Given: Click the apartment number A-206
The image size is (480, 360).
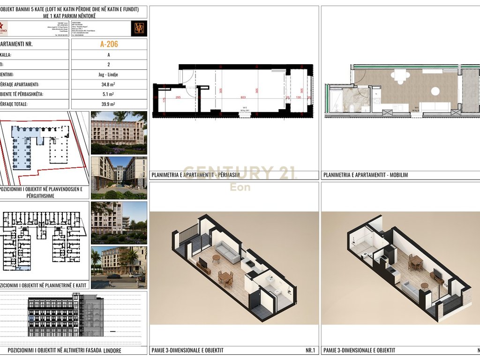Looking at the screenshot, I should coord(109,45).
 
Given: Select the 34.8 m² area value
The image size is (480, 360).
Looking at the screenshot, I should coord(109,84).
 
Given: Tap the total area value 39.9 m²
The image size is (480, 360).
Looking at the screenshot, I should coord(109,104).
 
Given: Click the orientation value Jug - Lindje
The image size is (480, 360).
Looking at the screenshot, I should coord(109,74).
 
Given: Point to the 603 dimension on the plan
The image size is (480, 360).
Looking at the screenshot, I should coord(243,97).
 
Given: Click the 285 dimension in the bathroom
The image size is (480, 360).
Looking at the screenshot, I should coord(178,97).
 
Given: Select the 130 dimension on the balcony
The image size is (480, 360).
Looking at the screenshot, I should coord(299,97).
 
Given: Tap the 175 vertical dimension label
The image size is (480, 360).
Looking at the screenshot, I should coord(164,99).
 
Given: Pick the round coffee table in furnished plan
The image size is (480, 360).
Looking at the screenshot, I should coord(435,91).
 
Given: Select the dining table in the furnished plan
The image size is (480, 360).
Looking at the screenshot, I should coord(400,75).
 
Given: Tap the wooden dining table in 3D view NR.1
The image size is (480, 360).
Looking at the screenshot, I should coord(225,278).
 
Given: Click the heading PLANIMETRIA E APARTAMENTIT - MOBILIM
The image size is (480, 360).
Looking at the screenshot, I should coord(366,175).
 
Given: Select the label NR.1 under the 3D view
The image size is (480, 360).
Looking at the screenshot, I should coord(310,350).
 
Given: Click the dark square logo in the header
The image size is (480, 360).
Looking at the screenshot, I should coord(139,28).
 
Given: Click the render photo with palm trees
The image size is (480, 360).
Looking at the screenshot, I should coord(119,267).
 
